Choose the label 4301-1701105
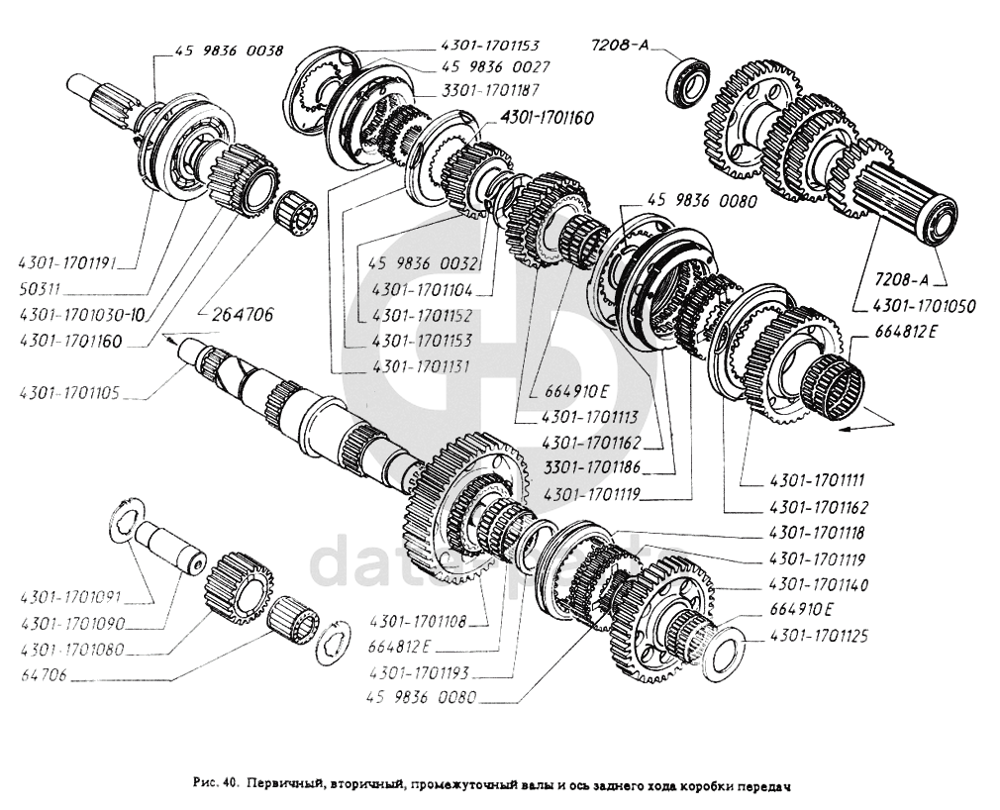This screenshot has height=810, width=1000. tap(68, 393)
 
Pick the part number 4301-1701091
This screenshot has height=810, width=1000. tap(68, 598)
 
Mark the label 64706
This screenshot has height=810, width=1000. tap(44, 678)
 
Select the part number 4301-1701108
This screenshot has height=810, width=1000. tap(417, 623)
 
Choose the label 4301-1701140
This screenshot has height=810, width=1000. tap(818, 585)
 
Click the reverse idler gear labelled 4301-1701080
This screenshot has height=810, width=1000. tap(238, 589)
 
